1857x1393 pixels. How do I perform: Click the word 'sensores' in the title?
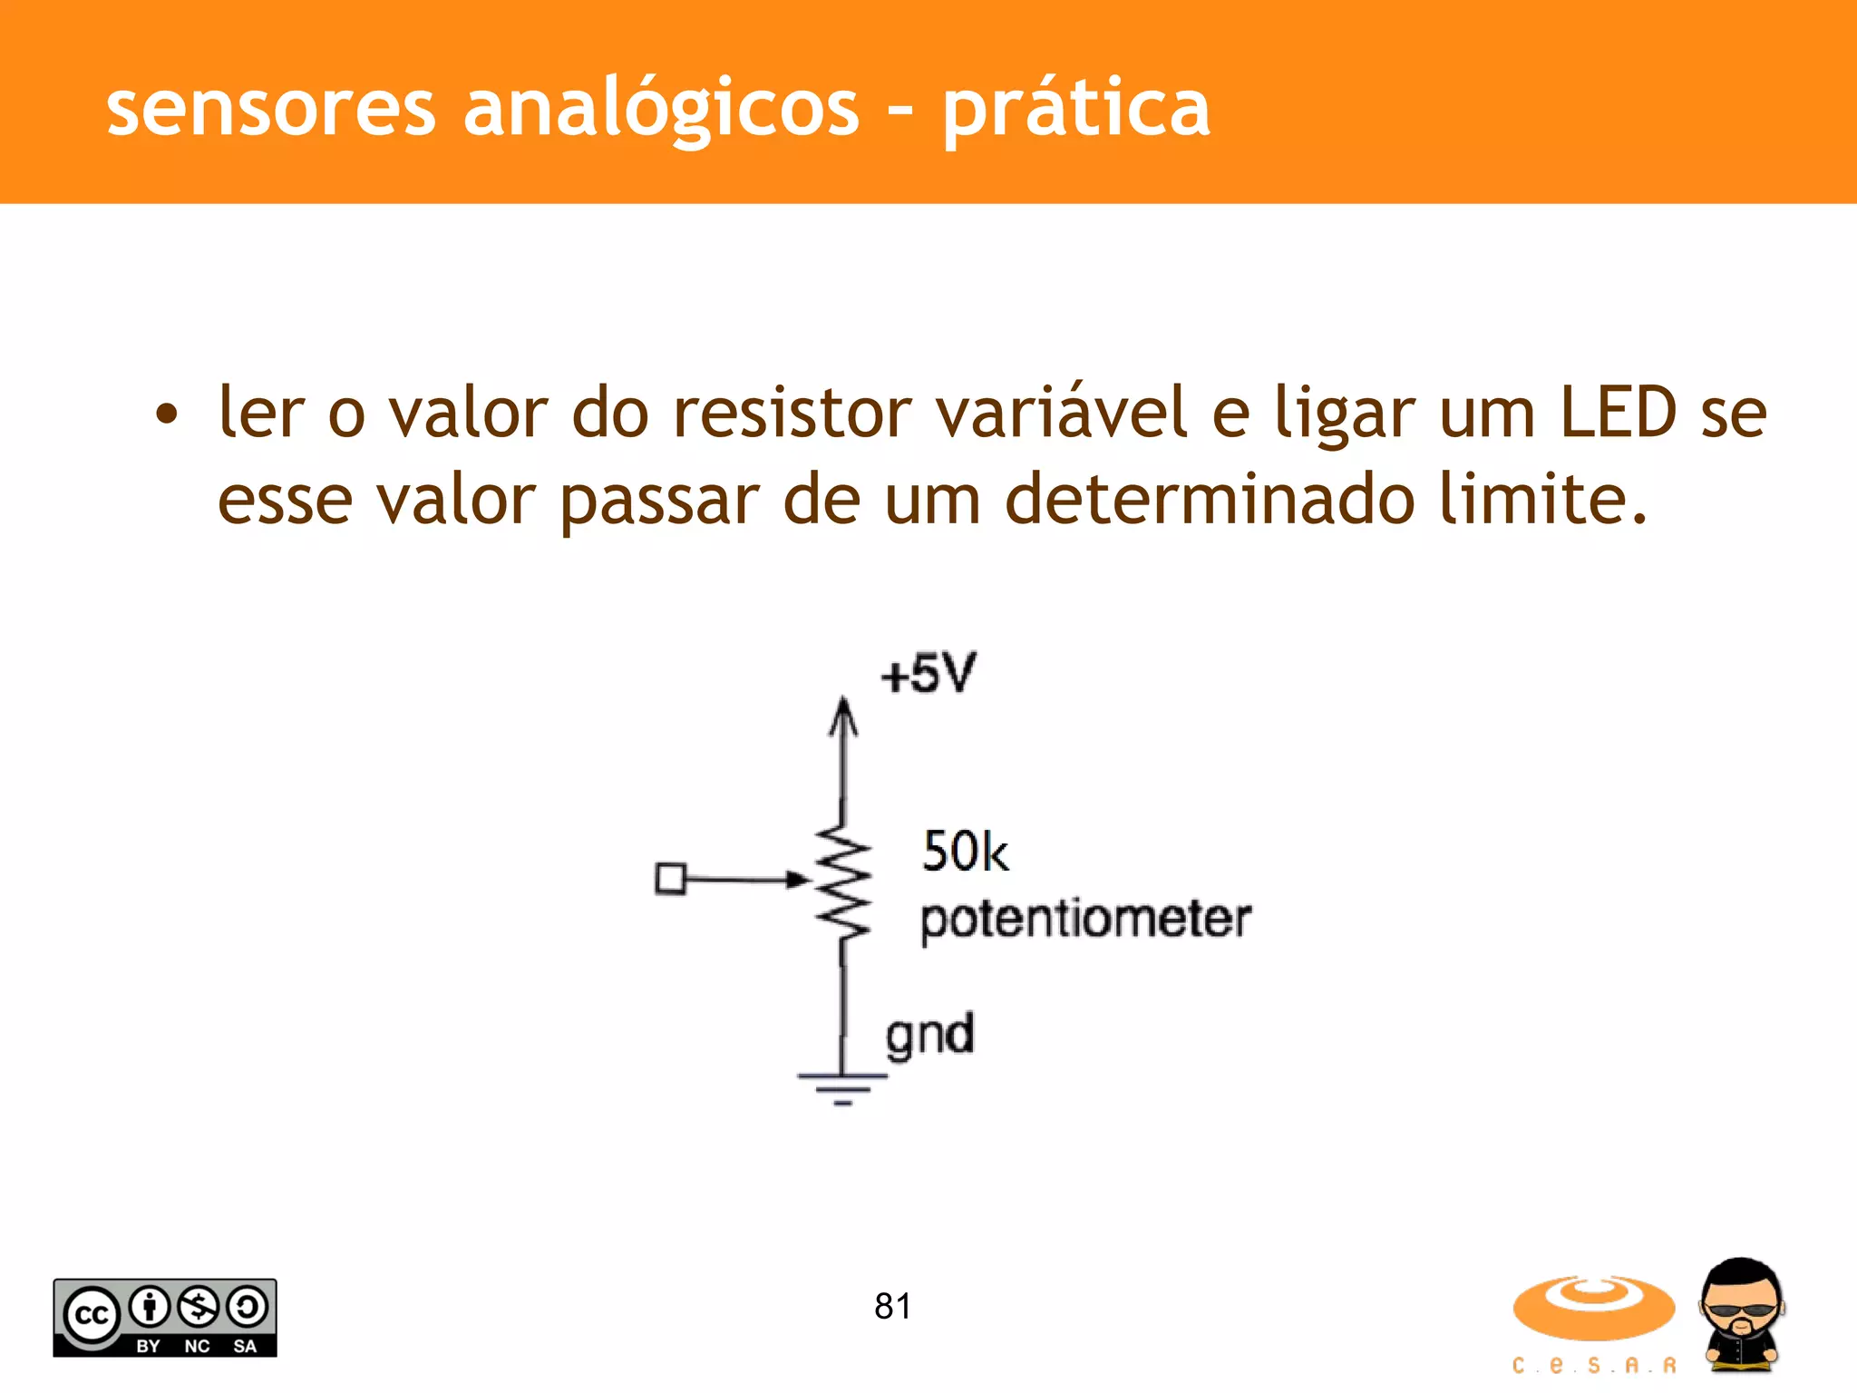tap(271, 109)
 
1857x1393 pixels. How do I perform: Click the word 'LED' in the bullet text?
tap(1618, 413)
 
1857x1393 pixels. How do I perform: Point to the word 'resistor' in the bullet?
tap(792, 413)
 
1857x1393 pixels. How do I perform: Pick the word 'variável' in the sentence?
tap(1061, 413)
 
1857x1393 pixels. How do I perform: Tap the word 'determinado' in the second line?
tap(1210, 500)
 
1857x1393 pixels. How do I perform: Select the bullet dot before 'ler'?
tap(167, 415)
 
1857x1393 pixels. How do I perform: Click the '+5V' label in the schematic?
tap(928, 674)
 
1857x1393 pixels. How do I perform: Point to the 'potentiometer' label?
tap(1085, 920)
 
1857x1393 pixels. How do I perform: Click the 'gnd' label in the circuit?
tap(929, 1035)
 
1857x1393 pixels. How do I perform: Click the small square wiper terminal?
tap(670, 879)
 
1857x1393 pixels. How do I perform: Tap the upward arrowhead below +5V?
tap(844, 716)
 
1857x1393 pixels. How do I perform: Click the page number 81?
tap(892, 1306)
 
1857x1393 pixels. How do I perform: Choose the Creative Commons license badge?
tap(165, 1318)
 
